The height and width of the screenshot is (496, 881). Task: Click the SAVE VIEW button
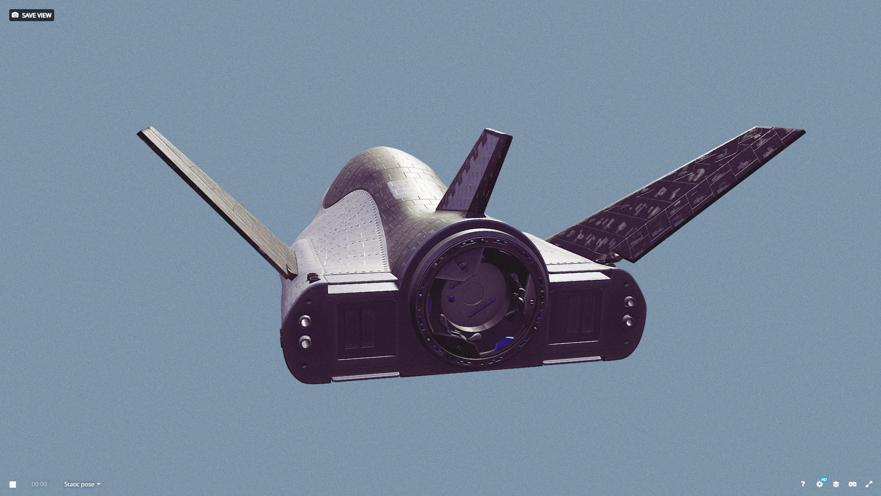(32, 15)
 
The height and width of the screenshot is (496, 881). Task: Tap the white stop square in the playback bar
(13, 485)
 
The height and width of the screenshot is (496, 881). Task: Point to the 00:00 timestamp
(39, 485)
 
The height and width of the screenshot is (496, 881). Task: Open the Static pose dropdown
(82, 485)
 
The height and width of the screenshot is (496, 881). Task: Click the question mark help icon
(803, 484)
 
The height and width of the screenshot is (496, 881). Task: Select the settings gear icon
(819, 485)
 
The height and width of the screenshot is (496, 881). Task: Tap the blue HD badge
(824, 479)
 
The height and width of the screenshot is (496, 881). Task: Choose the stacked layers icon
(836, 485)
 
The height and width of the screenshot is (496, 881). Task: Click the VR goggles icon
(853, 485)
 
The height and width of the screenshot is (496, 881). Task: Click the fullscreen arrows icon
(869, 484)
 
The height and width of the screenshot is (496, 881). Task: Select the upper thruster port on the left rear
(304, 321)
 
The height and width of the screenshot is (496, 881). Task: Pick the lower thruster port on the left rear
(305, 342)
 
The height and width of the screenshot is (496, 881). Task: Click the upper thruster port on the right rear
(630, 302)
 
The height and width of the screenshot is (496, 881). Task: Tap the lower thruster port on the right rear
(629, 321)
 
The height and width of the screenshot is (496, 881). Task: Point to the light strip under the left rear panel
(365, 378)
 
